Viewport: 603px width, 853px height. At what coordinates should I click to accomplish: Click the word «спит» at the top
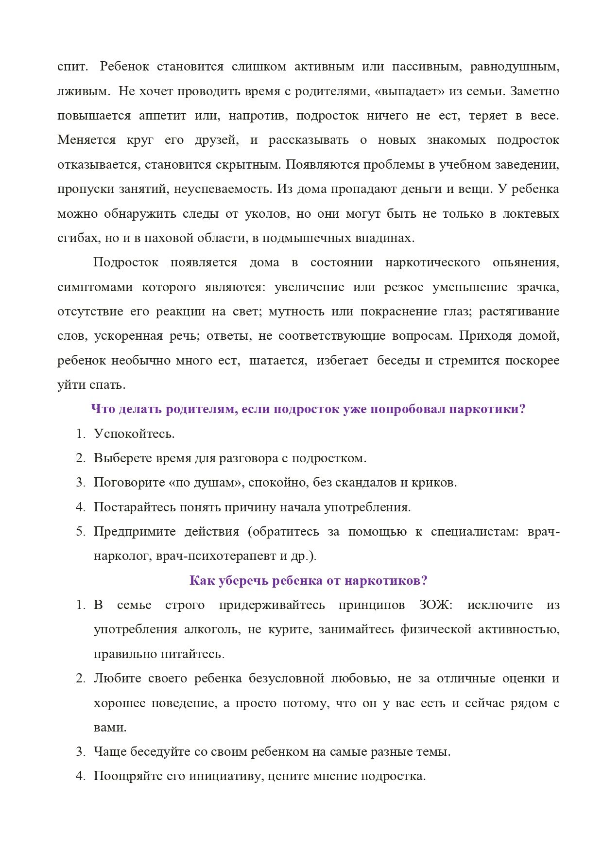point(71,67)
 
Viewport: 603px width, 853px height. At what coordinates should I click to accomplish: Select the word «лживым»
point(83,91)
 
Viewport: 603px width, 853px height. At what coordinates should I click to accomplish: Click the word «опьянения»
point(526,262)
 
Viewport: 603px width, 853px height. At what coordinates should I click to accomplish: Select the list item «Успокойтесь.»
point(134,434)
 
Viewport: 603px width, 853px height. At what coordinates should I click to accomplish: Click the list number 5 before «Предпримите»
point(81,532)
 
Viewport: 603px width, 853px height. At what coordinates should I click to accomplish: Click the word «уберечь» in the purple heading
point(243,581)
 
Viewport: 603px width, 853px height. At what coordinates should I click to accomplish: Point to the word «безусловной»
point(286,679)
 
